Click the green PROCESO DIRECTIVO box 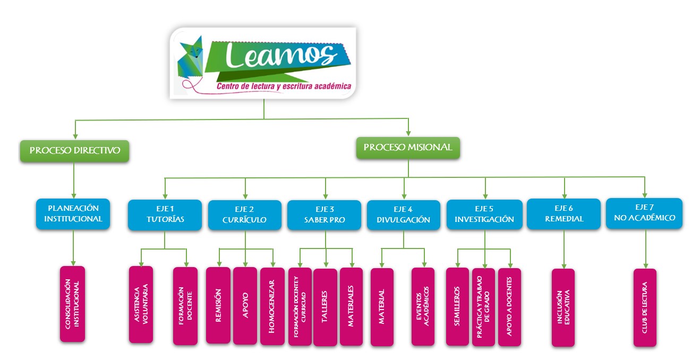point(75,151)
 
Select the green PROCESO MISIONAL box point(408,148)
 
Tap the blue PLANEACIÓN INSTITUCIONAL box point(73,213)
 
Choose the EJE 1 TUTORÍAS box point(165,215)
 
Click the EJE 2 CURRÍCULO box point(245,215)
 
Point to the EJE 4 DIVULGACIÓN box point(404,215)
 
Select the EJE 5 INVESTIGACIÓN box point(484,215)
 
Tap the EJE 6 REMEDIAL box point(564,214)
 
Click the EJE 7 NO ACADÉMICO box point(644,213)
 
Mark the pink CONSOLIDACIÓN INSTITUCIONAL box point(73,303)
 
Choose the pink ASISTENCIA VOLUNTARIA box point(141,304)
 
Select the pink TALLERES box point(325,307)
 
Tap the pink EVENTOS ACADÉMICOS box point(423,307)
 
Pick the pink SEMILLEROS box point(457,306)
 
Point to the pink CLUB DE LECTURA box point(645,307)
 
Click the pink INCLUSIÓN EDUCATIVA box point(563,307)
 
